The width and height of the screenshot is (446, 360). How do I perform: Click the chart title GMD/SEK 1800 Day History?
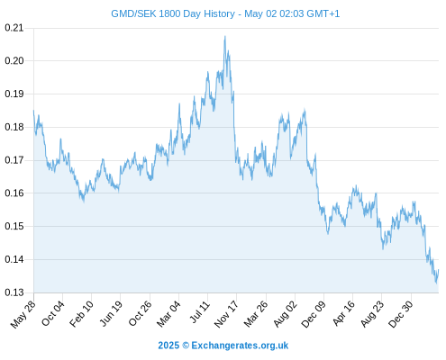click(173, 13)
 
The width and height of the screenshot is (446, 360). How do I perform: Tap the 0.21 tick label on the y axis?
click(14, 28)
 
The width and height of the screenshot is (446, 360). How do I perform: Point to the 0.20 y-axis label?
click(14, 61)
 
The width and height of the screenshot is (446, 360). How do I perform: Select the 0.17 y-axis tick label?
click(14, 160)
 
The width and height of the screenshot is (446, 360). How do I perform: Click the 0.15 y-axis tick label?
click(14, 226)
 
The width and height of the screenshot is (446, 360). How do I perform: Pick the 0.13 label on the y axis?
click(14, 292)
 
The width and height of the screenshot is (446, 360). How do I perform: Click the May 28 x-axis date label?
click(23, 314)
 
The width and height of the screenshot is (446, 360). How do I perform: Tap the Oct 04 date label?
click(53, 313)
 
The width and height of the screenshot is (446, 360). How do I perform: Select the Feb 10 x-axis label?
click(81, 314)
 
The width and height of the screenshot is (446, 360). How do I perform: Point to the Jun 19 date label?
click(111, 313)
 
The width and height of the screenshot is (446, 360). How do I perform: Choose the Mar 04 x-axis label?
click(168, 314)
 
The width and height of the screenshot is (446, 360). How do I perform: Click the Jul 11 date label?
click(199, 312)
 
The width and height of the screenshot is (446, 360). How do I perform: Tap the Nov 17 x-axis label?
click(226, 314)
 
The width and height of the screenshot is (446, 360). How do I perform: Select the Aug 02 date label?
click(286, 314)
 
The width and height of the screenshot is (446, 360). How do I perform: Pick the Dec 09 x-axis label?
click(314, 314)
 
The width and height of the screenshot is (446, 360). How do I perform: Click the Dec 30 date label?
click(401, 314)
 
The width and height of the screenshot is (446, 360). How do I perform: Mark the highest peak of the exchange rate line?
click(225, 36)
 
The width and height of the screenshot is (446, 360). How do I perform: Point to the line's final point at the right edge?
click(439, 270)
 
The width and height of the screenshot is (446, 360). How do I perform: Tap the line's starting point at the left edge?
click(33, 111)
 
